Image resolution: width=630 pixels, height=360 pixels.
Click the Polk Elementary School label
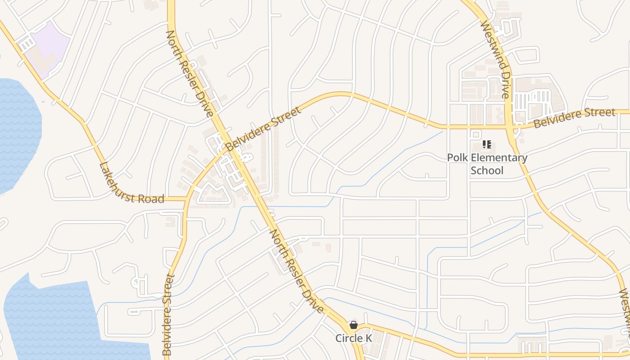click(487, 164)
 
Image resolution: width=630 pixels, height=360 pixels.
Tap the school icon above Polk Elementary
click(486, 144)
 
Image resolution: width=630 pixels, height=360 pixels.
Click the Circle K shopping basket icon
click(354, 325)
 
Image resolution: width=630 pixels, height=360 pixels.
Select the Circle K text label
click(354, 338)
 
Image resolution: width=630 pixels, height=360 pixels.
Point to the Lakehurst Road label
click(131, 184)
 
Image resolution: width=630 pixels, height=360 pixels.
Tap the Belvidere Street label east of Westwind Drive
click(574, 118)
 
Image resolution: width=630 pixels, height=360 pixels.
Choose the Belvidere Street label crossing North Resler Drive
click(263, 129)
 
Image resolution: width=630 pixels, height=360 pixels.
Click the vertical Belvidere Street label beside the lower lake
click(168, 315)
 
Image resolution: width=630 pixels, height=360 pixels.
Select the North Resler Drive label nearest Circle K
click(297, 271)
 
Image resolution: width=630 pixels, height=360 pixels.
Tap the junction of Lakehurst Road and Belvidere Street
click(185, 198)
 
